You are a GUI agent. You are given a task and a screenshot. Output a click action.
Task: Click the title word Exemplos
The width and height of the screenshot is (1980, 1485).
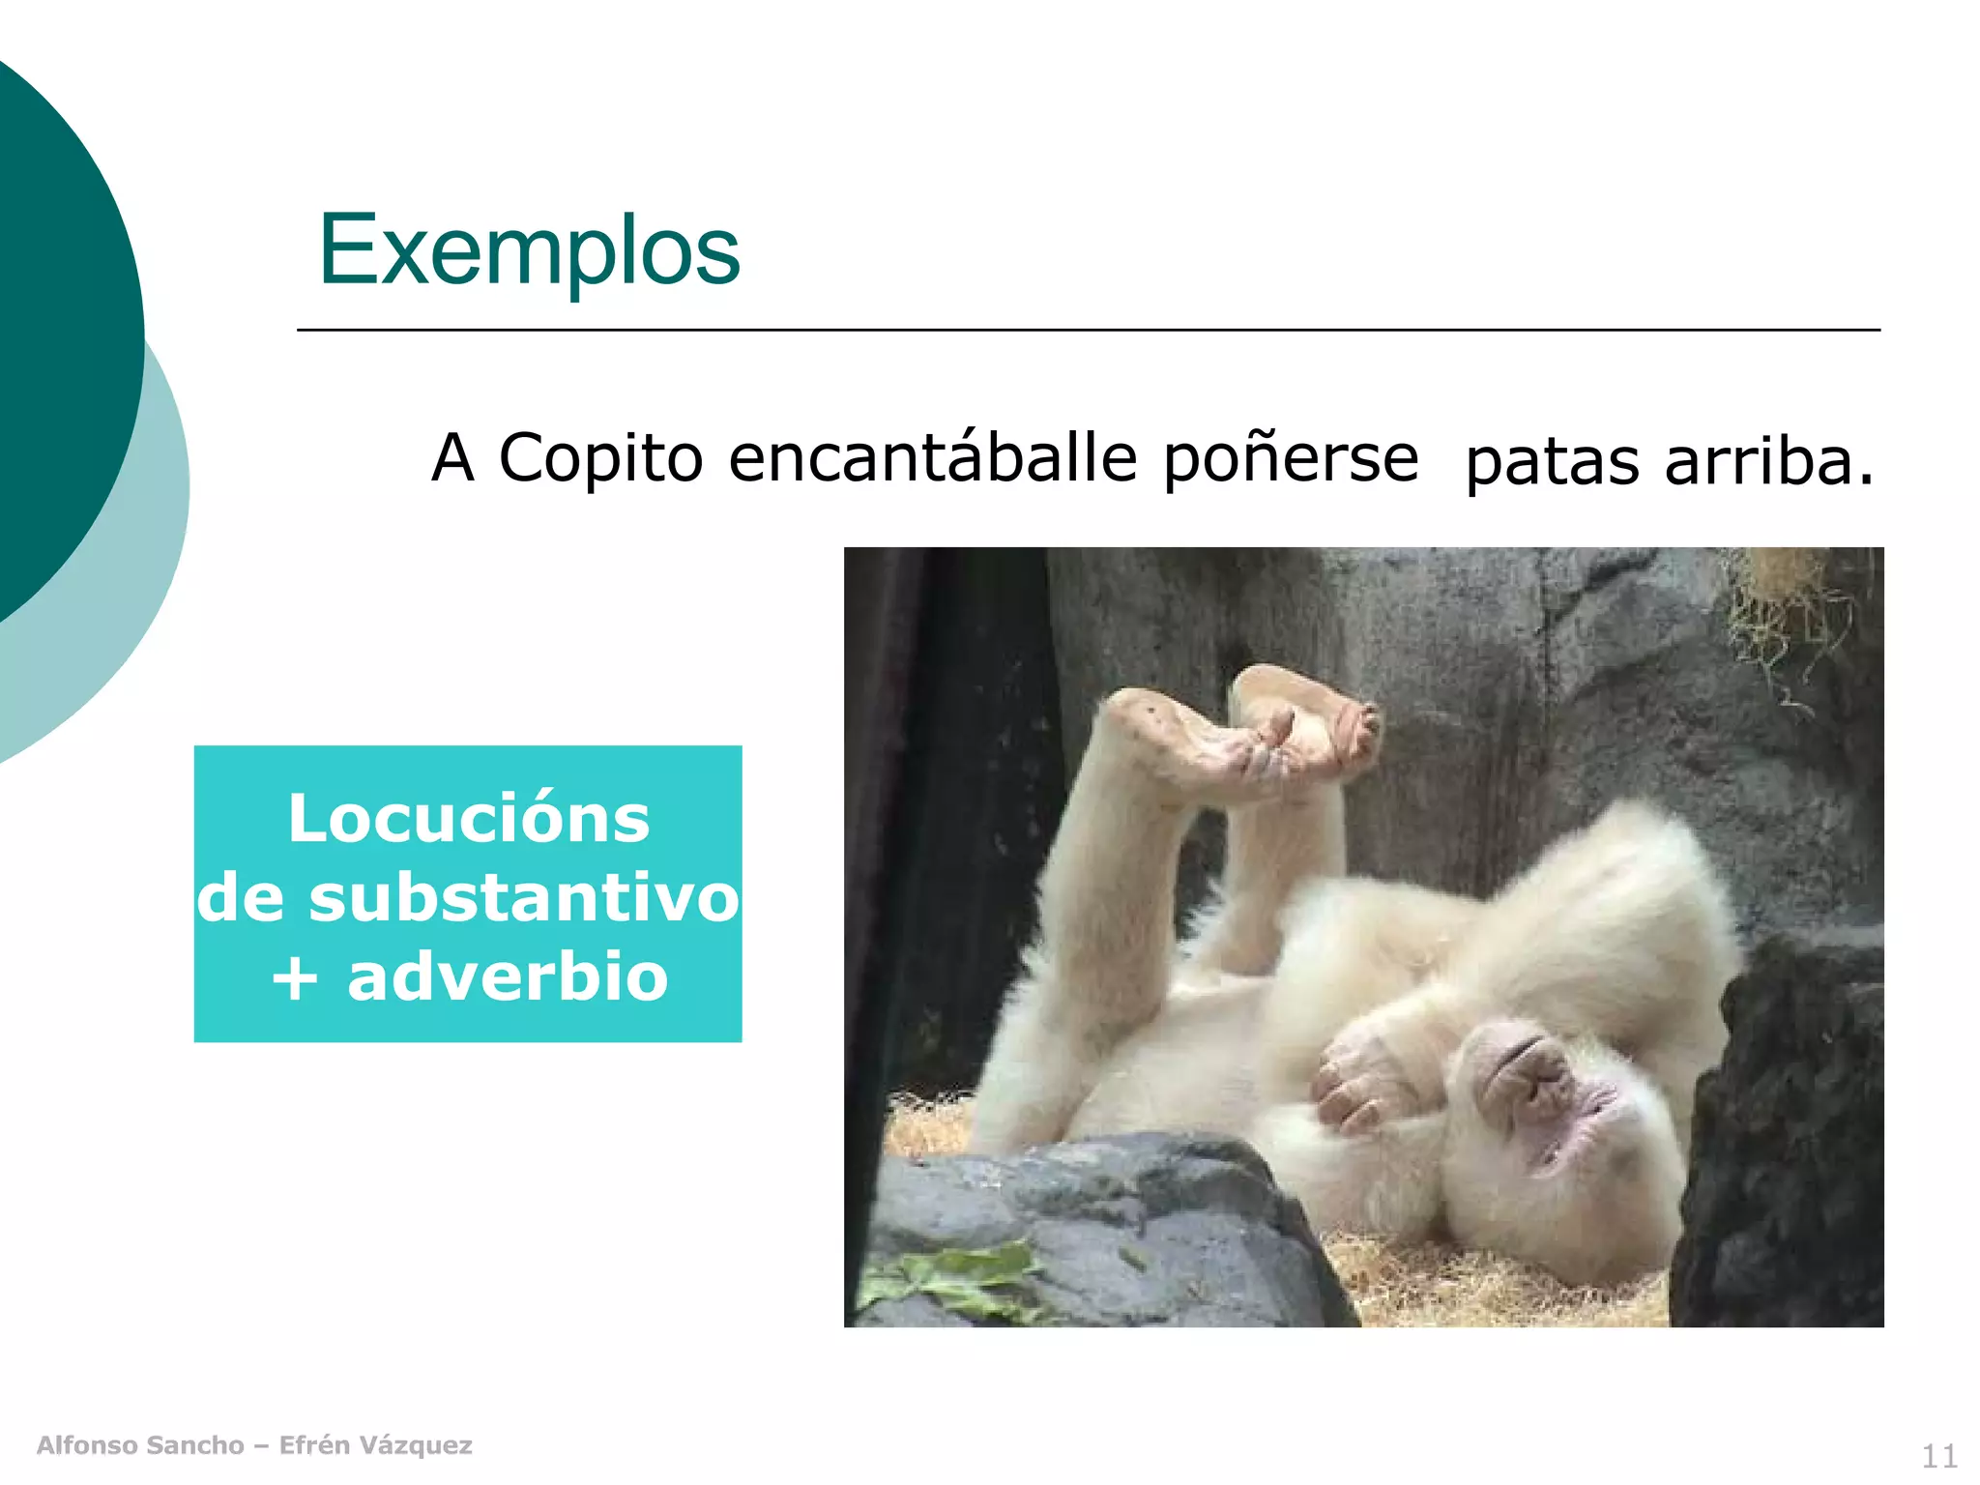[529, 250]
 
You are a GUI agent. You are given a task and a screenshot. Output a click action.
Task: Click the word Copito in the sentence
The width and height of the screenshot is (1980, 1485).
[600, 457]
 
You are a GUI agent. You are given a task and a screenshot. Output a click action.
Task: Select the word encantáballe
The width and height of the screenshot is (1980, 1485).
[932, 457]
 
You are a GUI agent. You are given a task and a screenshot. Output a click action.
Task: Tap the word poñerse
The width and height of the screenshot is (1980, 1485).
[1291, 459]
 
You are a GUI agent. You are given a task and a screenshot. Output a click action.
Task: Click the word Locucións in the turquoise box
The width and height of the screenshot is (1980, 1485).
[469, 819]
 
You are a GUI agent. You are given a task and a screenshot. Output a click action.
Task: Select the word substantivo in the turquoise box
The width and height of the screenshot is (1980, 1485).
[524, 897]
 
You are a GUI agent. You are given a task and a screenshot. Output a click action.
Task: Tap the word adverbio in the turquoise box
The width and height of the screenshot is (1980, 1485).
[508, 976]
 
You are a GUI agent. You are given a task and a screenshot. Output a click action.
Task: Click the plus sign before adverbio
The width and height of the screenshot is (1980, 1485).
[295, 978]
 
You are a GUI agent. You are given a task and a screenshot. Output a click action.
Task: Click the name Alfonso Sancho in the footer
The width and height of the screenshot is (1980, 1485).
[140, 1445]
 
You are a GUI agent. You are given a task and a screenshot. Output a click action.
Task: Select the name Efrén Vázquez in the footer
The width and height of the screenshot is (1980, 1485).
[375, 1445]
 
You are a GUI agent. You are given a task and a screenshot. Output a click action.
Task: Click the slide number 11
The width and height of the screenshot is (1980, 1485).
[1938, 1455]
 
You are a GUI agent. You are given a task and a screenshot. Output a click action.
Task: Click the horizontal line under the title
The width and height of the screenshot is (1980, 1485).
[1088, 330]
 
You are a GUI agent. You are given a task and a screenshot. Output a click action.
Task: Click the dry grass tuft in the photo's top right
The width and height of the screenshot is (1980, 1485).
[1789, 599]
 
